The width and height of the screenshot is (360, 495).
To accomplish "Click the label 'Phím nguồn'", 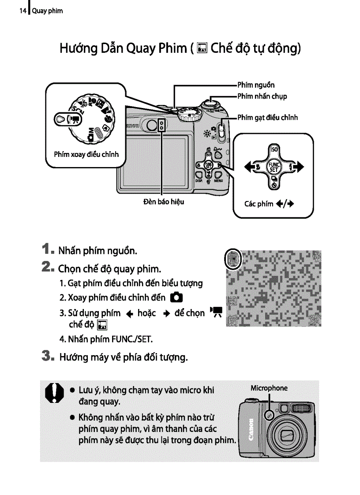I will [256, 85].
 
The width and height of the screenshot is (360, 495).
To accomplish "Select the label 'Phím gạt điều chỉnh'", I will [267, 117].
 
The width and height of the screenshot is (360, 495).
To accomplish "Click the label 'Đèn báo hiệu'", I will [164, 202].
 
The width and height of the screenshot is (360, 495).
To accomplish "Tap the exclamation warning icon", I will [52, 392].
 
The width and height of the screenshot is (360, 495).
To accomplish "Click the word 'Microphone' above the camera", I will [269, 388].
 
